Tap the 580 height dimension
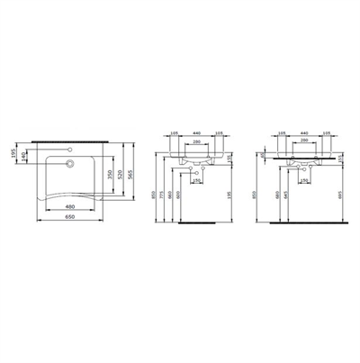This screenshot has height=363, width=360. (274, 193)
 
